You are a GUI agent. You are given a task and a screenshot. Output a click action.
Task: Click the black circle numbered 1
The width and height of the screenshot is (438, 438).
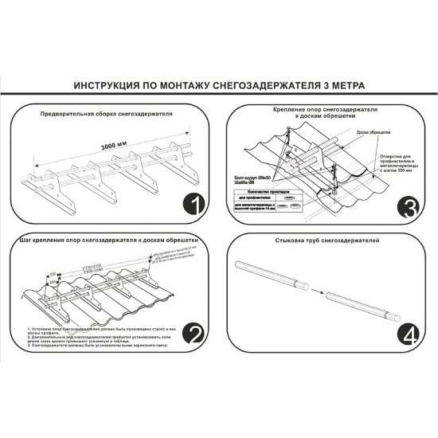pos(193,205)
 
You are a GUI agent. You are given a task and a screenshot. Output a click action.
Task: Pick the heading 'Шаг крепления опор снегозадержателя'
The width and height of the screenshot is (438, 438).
pos(104,240)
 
